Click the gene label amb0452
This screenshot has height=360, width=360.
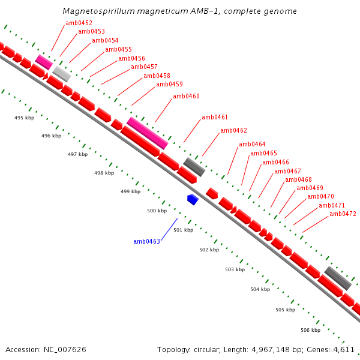pos(79,23)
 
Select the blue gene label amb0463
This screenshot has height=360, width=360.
pos(146,241)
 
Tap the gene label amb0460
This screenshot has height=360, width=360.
pos(186,96)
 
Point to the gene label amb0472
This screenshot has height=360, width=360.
pos(343,214)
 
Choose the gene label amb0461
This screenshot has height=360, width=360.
pos(215,117)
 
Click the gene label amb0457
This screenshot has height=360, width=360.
pos(144,67)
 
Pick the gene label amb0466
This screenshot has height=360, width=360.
pos(275,162)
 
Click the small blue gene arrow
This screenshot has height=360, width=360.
pos(193,199)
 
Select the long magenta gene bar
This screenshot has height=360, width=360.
pos(147,133)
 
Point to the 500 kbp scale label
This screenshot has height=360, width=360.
pos(157,211)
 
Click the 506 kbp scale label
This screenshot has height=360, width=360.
pos(310,330)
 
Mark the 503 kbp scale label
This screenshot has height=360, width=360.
pos(235,269)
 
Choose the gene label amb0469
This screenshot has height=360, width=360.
pos(310,188)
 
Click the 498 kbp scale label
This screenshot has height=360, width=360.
pos(104,173)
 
